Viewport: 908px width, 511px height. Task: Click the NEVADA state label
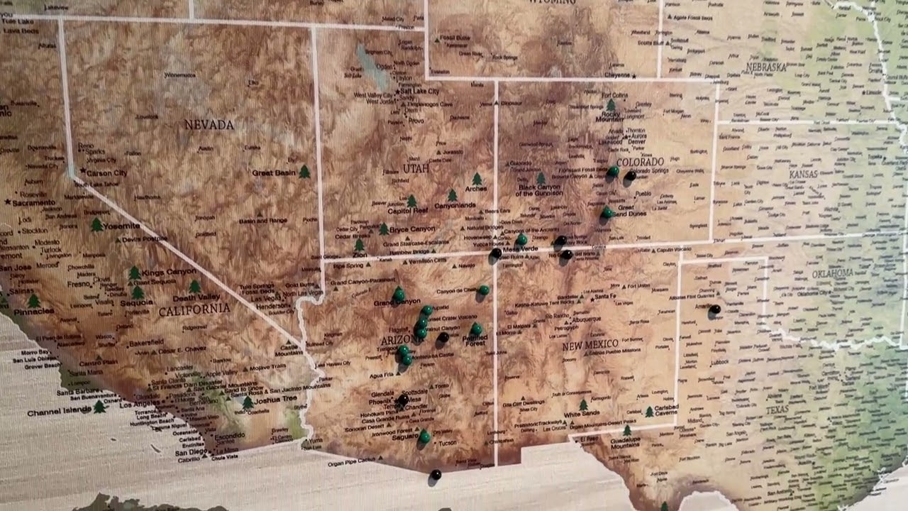[209, 125]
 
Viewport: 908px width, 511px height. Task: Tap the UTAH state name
[416, 169]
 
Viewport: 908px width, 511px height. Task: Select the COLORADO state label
[640, 162]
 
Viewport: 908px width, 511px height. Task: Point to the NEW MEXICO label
[591, 344]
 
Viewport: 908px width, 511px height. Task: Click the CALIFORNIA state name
[194, 309]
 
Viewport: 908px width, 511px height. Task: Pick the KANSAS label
[803, 174]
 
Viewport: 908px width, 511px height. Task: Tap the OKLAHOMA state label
[833, 273]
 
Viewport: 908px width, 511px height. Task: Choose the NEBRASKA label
[766, 67]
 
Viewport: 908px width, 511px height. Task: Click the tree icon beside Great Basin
[304, 172]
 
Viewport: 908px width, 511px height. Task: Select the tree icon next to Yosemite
[96, 225]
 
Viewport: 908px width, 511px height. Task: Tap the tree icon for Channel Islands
[99, 407]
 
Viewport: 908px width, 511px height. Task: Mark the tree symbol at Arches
[477, 180]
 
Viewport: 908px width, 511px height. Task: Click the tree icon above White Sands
[583, 405]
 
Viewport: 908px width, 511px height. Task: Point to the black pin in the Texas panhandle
[715, 309]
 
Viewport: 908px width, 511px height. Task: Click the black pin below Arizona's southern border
[436, 475]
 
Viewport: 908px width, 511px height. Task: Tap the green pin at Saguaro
[424, 436]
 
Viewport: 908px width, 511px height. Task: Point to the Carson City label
[106, 172]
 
